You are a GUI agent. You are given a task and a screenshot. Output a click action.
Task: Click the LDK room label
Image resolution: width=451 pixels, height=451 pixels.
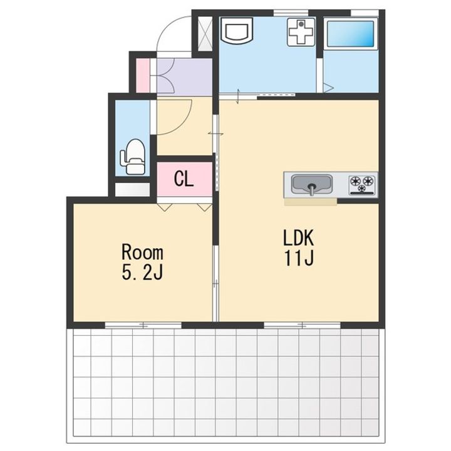[298, 237]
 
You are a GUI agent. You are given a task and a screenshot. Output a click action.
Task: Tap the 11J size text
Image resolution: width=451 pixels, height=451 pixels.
[299, 258]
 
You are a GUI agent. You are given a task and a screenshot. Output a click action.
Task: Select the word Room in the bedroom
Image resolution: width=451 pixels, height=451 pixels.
[142, 252]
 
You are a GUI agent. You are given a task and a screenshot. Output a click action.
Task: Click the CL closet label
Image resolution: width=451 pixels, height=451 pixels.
[184, 179]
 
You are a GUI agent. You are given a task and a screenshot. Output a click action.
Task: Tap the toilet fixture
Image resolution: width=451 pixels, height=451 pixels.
[133, 157]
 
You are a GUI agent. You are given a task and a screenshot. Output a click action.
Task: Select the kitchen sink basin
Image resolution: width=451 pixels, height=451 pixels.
[312, 185]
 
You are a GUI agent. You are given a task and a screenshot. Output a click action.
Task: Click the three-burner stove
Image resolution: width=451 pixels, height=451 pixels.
[362, 185]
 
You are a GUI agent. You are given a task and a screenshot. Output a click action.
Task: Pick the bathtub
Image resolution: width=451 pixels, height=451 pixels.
[351, 33]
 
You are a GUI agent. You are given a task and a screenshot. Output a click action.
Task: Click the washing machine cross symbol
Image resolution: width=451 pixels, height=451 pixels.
[301, 32]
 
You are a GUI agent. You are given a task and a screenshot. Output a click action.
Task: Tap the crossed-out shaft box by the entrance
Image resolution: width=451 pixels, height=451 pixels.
[205, 34]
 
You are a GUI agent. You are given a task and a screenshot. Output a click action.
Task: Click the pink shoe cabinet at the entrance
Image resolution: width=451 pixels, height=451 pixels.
[143, 76]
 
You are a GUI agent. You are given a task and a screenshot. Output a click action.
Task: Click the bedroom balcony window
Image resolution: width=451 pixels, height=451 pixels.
[143, 325]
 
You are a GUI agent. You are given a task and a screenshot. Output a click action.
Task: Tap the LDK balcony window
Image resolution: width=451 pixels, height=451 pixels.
[302, 325]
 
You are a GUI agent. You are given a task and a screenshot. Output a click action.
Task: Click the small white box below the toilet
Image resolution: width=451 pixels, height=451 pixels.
[132, 190]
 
